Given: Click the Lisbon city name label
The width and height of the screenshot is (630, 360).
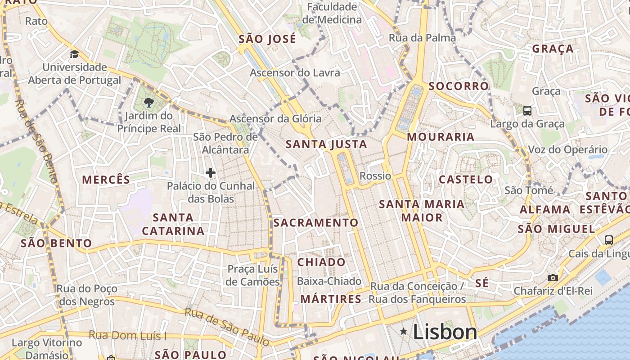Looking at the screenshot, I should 445,333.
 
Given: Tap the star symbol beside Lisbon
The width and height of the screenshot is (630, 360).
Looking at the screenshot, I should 404,332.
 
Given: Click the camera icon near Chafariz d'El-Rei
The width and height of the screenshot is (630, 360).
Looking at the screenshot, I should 553,278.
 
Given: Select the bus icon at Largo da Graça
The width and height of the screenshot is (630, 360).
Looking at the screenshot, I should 527,110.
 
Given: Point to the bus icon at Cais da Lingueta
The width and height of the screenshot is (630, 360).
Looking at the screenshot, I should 609,240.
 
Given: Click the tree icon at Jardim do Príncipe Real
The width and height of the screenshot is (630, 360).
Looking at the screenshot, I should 148,102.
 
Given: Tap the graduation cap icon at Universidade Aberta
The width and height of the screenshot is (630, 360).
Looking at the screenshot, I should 74,54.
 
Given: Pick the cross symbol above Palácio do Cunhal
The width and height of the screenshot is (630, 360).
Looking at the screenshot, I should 210,172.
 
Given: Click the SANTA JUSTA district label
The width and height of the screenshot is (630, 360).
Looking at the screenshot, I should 326,144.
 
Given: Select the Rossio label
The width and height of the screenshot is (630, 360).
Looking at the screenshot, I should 375,176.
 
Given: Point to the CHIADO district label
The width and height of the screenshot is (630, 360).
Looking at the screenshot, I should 321,262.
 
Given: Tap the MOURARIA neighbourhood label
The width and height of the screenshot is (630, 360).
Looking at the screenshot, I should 441,137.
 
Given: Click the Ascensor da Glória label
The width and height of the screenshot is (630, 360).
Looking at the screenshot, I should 275,119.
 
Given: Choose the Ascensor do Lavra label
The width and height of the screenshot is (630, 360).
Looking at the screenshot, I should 295,72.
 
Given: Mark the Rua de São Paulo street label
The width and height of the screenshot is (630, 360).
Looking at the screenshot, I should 227,327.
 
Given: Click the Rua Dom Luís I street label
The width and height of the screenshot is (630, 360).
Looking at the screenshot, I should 127,335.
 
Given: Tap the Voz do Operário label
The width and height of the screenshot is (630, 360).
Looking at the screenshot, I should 567,149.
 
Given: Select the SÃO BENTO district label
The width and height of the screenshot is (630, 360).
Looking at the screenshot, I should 56,243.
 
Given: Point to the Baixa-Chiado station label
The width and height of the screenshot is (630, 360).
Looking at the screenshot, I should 329,281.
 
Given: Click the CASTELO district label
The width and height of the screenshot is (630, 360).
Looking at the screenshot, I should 466,180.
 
